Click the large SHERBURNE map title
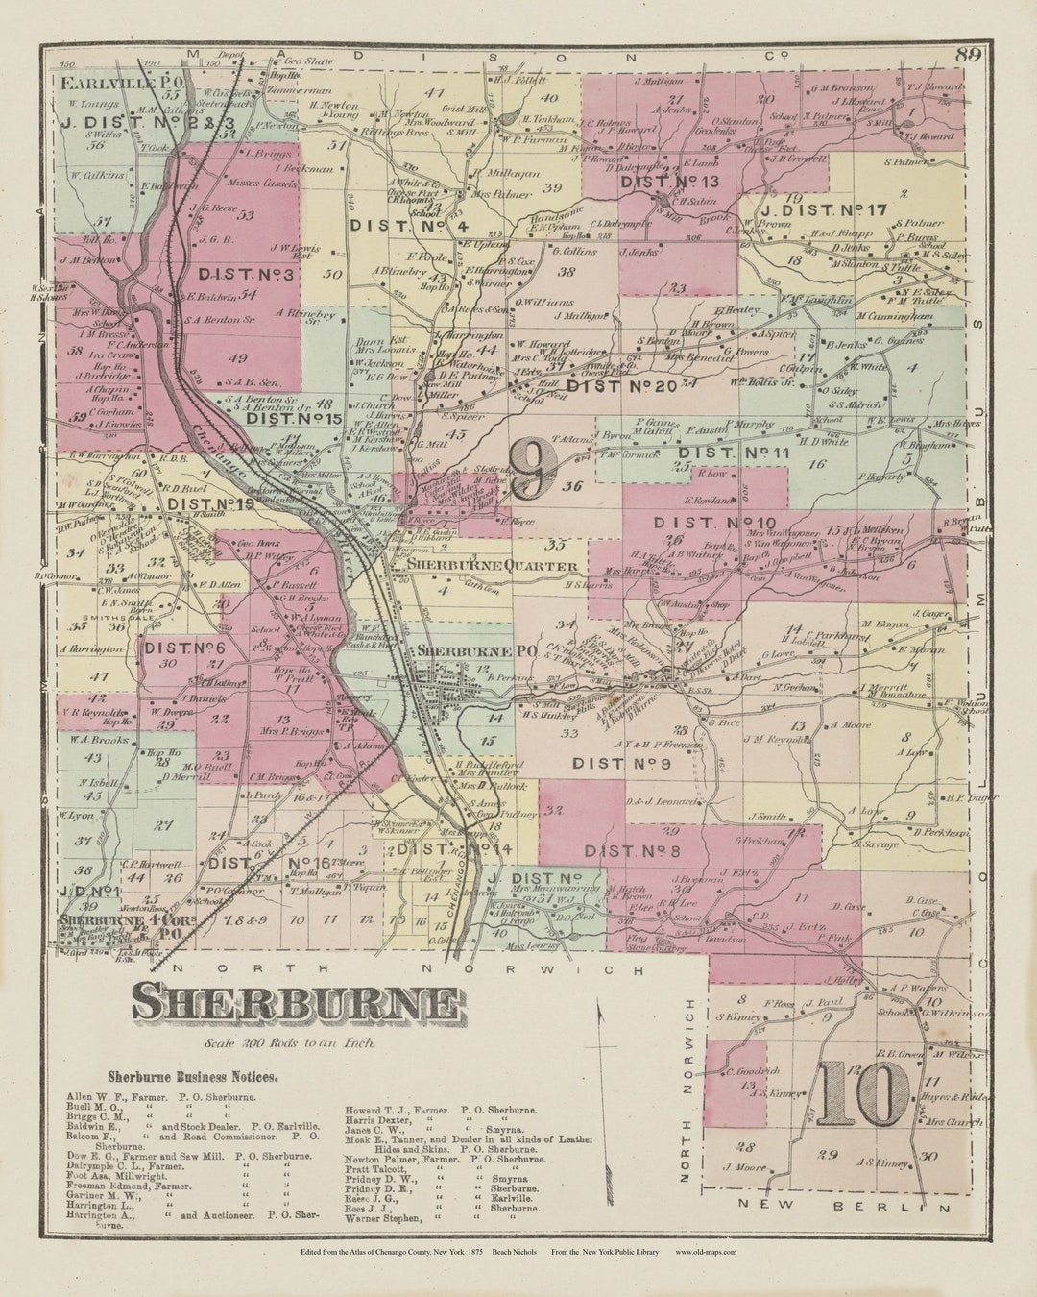point(296,1002)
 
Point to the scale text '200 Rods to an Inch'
point(288,1042)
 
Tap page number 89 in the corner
point(968,55)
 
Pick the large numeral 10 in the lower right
point(864,1094)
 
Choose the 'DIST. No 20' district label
point(622,386)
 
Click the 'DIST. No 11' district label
point(734,453)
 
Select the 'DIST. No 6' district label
point(185,648)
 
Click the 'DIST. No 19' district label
point(210,502)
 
